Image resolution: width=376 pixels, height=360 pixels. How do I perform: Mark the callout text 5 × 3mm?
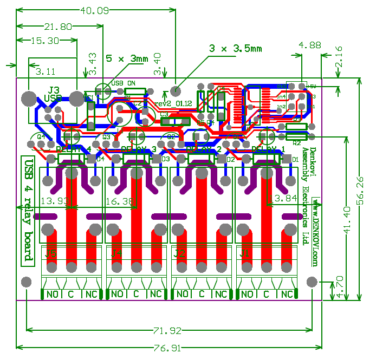pos(127,58)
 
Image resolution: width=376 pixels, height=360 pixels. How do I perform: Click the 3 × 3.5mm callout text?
pos(235,48)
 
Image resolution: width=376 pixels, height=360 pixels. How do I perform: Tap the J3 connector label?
pos(54,90)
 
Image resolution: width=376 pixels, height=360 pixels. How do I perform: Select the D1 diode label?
pos(295,160)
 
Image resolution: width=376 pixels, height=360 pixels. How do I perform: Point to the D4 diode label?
pos(100,160)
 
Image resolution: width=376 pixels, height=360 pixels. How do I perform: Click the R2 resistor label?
pos(296,143)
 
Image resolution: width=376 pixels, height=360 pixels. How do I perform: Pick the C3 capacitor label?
pos(164,114)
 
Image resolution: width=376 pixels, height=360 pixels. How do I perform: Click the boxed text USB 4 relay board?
pos(28,211)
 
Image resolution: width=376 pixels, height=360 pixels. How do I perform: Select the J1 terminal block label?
pos(245,253)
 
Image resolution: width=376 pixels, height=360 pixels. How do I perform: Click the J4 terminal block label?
pos(116,253)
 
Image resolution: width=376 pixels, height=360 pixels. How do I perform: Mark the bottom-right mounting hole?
pos(312,282)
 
